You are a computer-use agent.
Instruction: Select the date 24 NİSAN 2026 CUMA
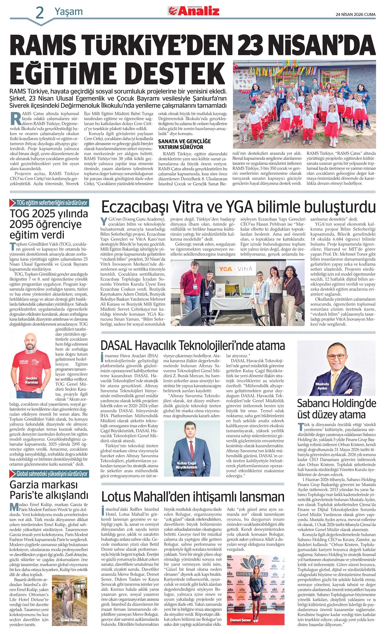(355, 14)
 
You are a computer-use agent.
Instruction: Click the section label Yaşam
(68, 12)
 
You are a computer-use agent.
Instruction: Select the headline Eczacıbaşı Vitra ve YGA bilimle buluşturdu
(238, 207)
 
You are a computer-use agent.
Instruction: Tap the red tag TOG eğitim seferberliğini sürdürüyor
(52, 203)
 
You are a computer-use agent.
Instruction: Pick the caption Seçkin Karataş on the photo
(31, 380)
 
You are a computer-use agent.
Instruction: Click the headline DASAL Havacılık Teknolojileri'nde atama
(192, 345)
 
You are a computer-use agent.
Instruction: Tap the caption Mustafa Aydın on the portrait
(322, 386)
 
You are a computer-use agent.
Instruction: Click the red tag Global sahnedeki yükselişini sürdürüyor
(52, 474)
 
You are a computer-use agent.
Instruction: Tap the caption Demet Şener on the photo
(240, 620)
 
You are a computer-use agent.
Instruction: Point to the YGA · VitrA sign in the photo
(235, 269)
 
